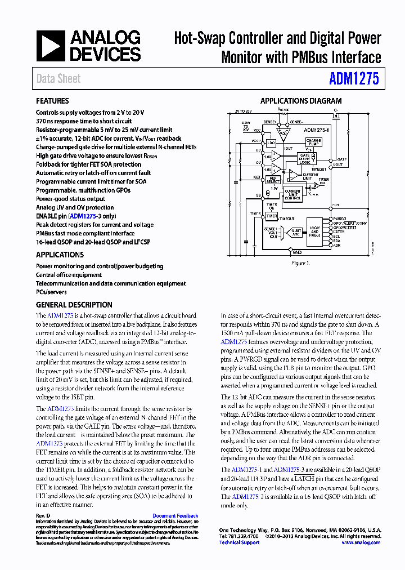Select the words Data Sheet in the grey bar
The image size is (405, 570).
(x=58, y=79)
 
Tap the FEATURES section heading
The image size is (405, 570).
(x=52, y=101)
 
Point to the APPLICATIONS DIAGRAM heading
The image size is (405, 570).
(x=300, y=101)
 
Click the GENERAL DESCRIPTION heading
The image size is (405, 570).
(x=74, y=305)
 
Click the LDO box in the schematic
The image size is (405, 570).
(x=271, y=143)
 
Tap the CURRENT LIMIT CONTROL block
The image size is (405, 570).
(x=293, y=195)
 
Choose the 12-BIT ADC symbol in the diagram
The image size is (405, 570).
(x=295, y=231)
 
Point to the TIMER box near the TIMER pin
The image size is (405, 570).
(x=272, y=216)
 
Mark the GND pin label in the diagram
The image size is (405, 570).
(x=297, y=253)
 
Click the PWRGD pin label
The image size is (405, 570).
(x=339, y=219)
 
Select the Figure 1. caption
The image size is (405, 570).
(x=299, y=263)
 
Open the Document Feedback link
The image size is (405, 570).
(x=175, y=516)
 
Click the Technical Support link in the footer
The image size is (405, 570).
(x=239, y=542)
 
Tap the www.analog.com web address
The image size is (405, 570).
(x=361, y=542)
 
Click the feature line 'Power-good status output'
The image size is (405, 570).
(x=70, y=199)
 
